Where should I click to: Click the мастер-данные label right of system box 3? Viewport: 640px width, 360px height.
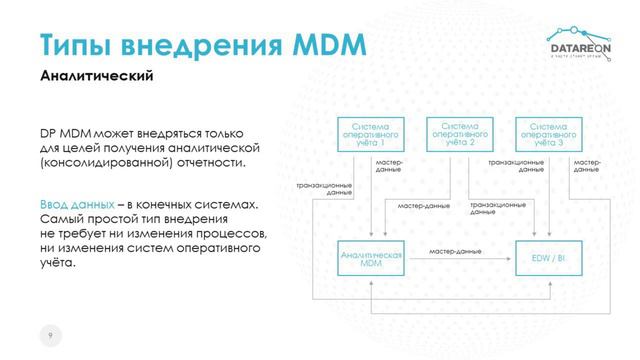pos(588,166)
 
